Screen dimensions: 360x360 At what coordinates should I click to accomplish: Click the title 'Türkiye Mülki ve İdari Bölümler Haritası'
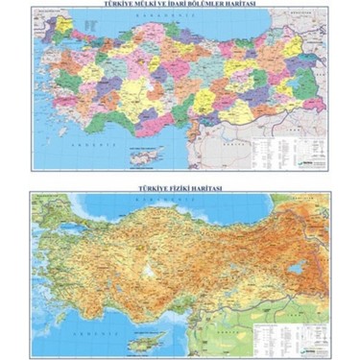[180, 6]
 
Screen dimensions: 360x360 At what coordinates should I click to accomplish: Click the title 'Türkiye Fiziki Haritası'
[180, 189]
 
